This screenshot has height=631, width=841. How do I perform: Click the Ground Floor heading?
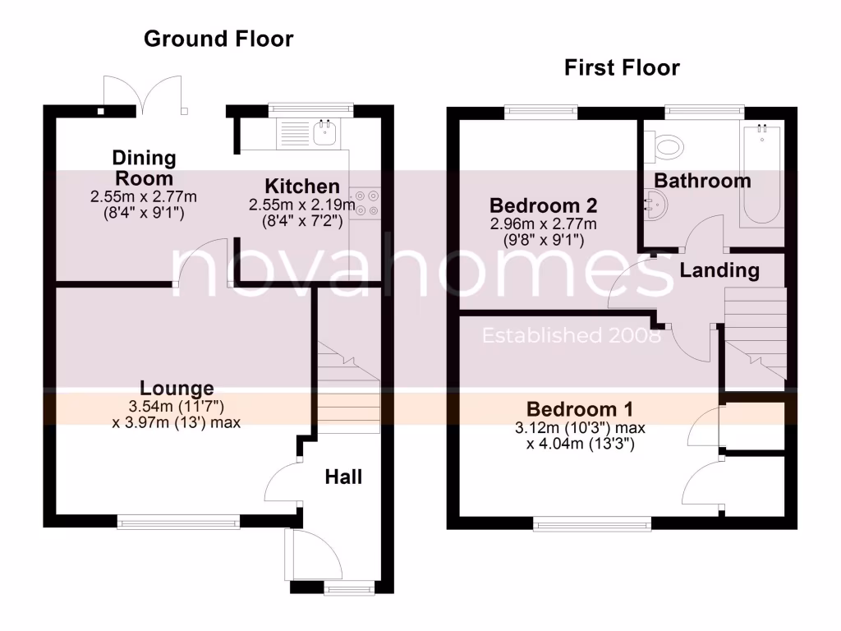click(218, 39)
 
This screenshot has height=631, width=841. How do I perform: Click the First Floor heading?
click(622, 67)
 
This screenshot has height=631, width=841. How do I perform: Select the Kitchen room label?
click(301, 187)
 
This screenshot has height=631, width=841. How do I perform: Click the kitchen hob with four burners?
click(367, 203)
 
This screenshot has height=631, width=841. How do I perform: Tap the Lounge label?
click(177, 388)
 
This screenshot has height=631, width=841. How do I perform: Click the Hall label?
click(343, 477)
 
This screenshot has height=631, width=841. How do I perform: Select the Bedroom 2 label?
click(543, 205)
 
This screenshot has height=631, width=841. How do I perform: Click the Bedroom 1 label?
click(580, 409)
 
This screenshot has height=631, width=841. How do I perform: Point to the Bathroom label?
click(702, 181)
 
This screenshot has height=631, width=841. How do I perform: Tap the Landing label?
click(719, 269)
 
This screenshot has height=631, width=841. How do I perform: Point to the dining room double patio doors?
click(143, 94)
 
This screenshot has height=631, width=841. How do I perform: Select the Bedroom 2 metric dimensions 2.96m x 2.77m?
click(543, 224)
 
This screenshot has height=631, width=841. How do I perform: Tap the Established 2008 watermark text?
click(571, 335)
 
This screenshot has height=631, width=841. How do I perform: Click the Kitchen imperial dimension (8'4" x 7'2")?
click(301, 219)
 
